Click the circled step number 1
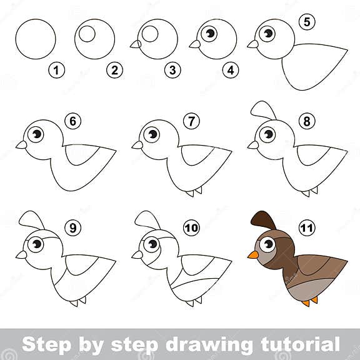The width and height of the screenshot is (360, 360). pos(57,71)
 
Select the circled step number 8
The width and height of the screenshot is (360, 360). pos(306,121)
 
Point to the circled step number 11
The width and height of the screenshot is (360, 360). pos(306,227)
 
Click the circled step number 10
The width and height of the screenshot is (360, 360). pos(191,227)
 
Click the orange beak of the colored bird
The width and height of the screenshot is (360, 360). pos(253,254)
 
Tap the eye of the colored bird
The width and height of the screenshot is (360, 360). pos(267,244)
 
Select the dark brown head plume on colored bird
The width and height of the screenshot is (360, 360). pos(263,220)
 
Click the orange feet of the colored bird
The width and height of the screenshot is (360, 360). pos(310,302)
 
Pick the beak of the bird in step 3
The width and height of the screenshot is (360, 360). pos(135,44)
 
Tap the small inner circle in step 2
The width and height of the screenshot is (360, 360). pos(87,34)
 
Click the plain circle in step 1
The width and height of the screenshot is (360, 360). pos(36,39)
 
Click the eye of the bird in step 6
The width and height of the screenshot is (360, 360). pos(36,134)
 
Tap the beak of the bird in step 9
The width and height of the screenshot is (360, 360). pos(21,254)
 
